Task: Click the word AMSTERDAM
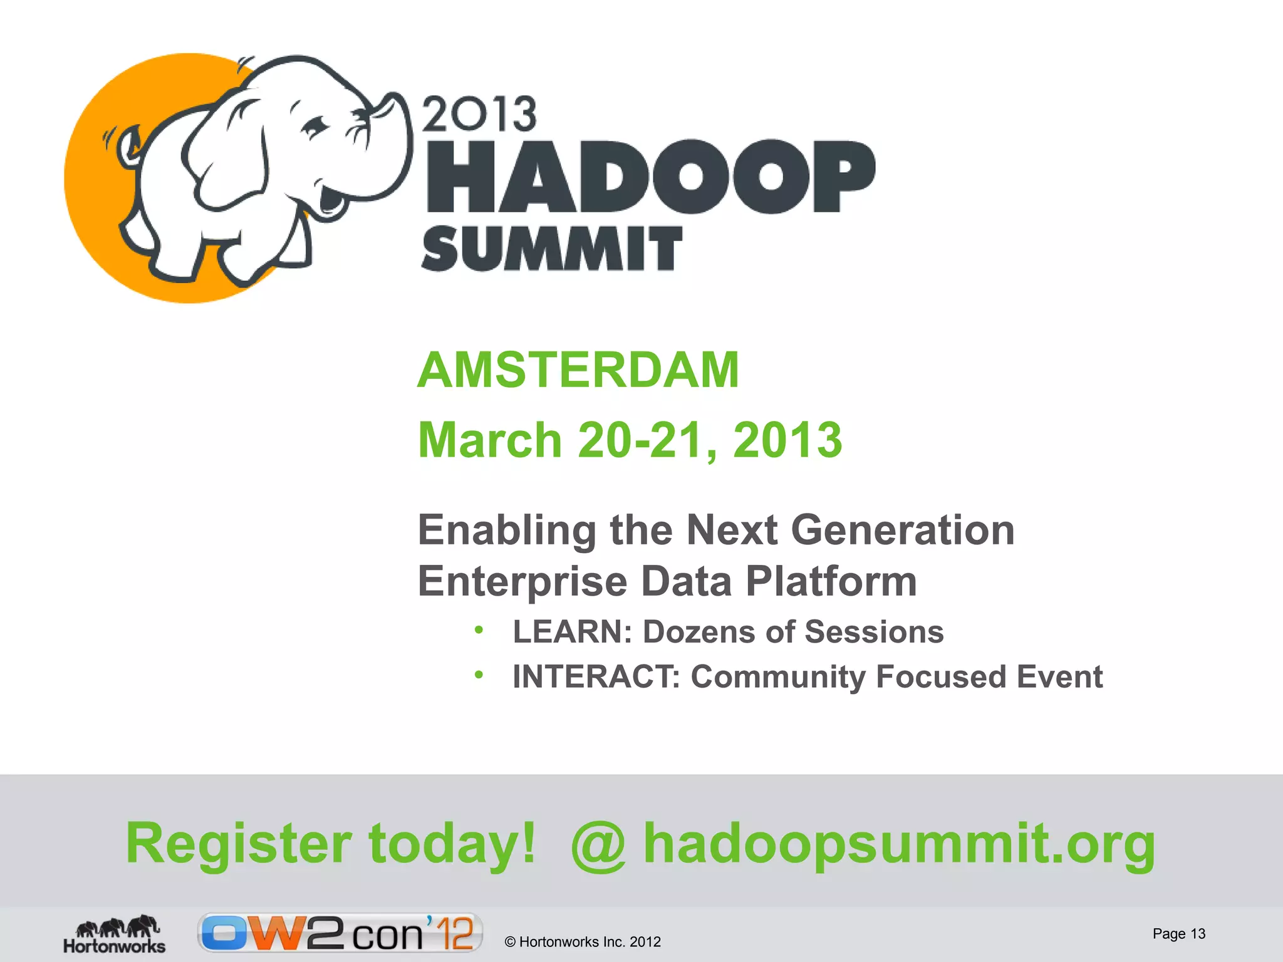pos(578,370)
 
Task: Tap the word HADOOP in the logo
pos(650,177)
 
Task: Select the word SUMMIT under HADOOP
pos(551,249)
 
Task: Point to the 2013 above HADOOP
pos(479,115)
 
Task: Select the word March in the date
pos(489,440)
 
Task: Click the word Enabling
pos(506,530)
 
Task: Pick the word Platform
pos(831,582)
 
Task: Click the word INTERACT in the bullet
pos(595,677)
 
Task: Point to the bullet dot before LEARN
pos(479,630)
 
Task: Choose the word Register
pos(239,843)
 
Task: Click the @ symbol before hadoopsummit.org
pos(598,846)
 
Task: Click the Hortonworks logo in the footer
pos(114,934)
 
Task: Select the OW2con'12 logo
pos(340,933)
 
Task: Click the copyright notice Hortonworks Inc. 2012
pos(583,942)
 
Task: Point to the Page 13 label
pos(1178,934)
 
